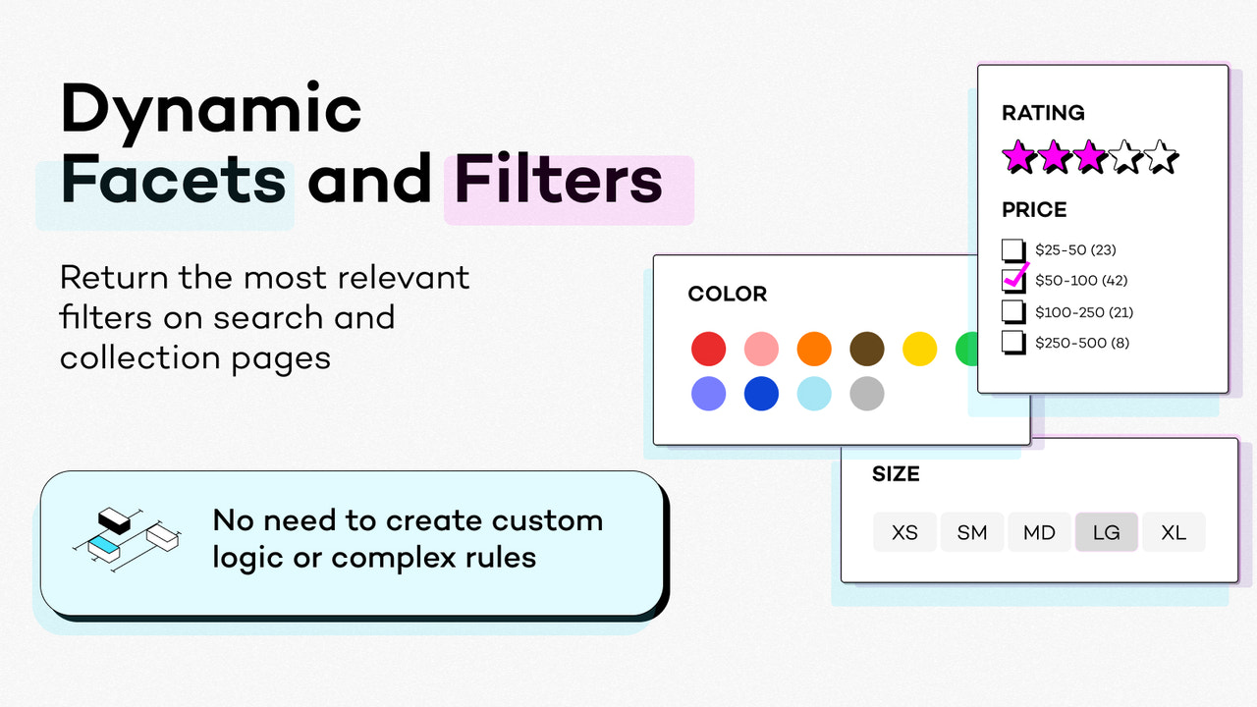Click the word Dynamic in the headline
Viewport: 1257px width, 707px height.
211,110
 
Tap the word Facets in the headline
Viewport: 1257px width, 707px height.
173,182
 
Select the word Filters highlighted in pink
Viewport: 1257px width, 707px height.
558,182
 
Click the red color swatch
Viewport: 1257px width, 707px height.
708,349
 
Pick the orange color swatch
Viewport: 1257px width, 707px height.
814,349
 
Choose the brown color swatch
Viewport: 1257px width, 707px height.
866,349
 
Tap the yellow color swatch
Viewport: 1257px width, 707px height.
919,349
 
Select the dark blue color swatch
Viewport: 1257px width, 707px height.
761,394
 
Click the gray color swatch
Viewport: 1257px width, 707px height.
866,394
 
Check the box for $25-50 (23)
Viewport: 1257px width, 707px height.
1012,249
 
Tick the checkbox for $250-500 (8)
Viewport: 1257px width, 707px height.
1012,343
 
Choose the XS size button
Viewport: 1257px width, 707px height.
904,532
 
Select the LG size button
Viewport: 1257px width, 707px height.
1106,532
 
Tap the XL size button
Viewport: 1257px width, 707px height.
1174,532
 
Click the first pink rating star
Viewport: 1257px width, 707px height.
1018,156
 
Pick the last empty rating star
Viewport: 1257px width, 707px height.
1160,156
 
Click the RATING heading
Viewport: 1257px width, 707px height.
1043,113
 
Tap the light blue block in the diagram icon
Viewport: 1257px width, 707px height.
102,543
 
